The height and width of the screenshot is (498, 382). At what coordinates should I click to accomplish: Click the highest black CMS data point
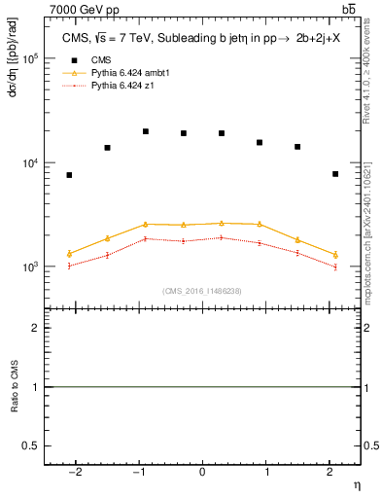(145, 131)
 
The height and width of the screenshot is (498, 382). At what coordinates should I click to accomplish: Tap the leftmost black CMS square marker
(69, 175)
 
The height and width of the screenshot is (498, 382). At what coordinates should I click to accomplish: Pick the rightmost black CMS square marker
(335, 174)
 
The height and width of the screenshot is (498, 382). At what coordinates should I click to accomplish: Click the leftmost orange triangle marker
(69, 254)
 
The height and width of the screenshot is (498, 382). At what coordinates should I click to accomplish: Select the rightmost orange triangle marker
(335, 254)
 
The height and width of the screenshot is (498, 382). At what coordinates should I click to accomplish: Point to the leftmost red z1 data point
(69, 266)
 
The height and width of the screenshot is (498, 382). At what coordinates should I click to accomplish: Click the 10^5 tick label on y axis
(30, 58)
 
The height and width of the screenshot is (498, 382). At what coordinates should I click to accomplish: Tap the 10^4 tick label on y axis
(30, 162)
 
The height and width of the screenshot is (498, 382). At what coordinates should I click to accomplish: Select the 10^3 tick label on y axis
(30, 267)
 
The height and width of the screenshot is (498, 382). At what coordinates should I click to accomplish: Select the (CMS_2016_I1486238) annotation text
(202, 291)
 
